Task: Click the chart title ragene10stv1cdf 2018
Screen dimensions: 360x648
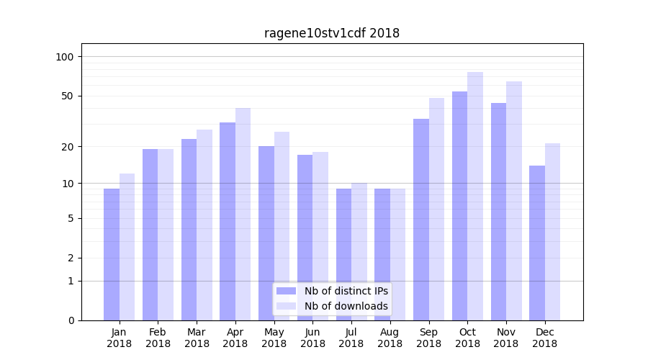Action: tap(332, 33)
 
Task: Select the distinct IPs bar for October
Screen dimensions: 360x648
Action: tap(459, 206)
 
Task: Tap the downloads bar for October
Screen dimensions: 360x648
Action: tap(475, 196)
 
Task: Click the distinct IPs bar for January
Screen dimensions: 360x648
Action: tap(112, 254)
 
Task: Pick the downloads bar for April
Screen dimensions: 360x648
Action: tap(243, 214)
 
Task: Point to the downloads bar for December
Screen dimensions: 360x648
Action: tap(552, 232)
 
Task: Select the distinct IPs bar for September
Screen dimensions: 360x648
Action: tap(421, 220)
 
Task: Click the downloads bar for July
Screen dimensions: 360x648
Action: tap(359, 251)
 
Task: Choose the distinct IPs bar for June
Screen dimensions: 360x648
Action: tap(305, 238)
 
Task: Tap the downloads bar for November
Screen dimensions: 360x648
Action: tap(514, 201)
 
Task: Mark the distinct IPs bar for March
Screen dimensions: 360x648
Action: tap(189, 230)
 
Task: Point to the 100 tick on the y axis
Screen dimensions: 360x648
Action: tap(65, 57)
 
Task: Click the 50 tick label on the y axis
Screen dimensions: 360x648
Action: tap(68, 96)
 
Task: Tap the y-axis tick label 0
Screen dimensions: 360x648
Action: tap(71, 320)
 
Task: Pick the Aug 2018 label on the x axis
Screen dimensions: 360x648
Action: tap(390, 338)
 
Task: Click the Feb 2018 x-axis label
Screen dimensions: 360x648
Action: tap(158, 338)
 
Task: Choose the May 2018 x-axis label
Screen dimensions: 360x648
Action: tap(274, 338)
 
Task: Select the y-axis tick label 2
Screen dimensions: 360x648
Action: tap(71, 258)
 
